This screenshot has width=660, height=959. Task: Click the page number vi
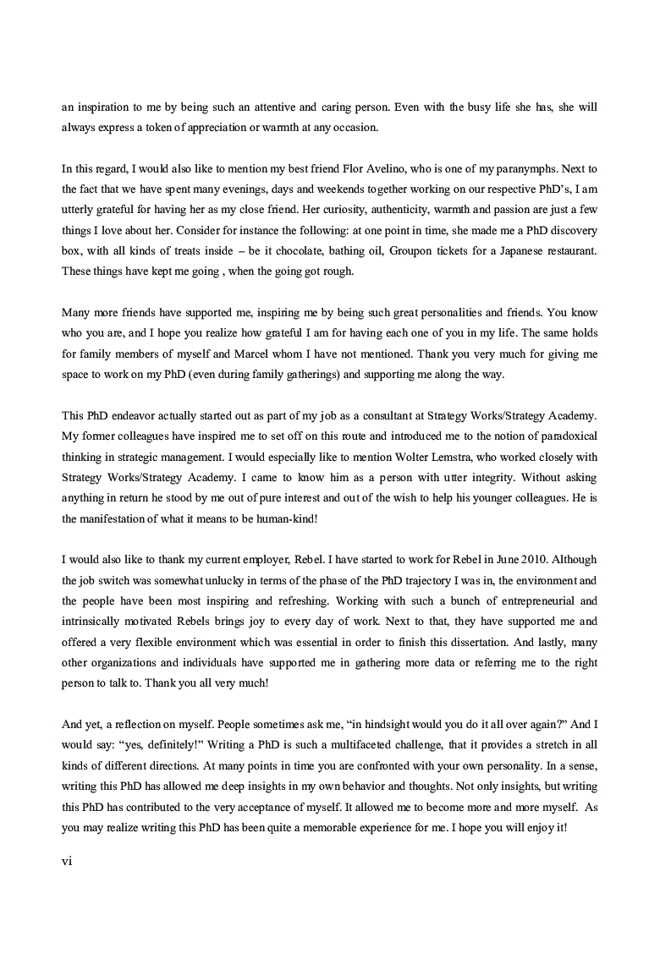click(68, 861)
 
